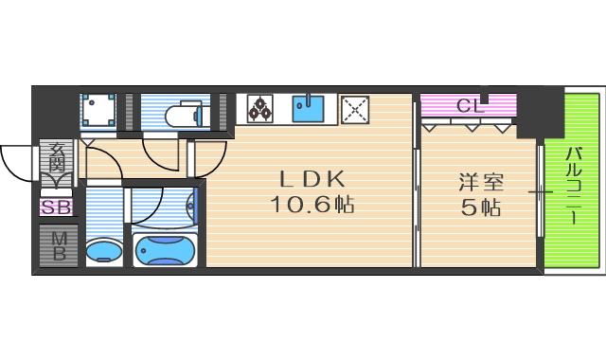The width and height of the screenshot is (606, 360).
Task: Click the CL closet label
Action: pyautogui.click(x=470, y=105)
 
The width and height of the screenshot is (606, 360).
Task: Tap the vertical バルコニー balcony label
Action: pyautogui.click(x=575, y=184)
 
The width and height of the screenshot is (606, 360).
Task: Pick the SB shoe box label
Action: pyautogui.click(x=56, y=206)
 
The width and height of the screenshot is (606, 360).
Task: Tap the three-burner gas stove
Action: pyautogui.click(x=261, y=109)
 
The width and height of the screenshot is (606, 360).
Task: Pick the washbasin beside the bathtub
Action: pyautogui.click(x=104, y=251)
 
